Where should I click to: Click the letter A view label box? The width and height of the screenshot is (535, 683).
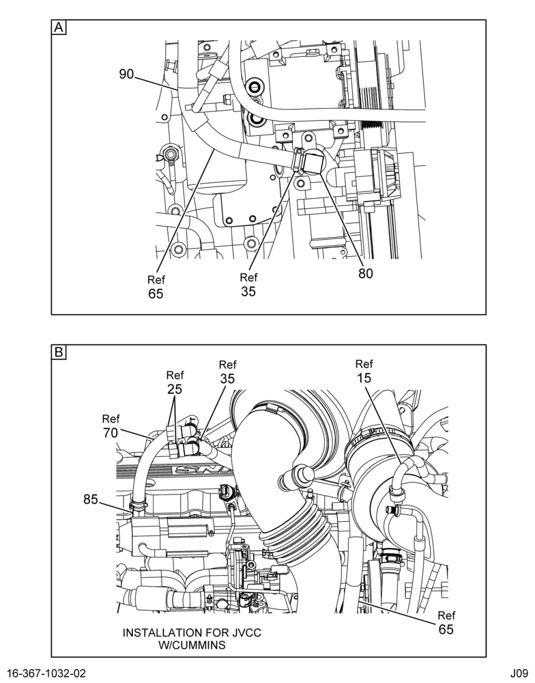coord(59,27)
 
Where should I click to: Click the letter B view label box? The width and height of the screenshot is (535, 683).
coord(59,352)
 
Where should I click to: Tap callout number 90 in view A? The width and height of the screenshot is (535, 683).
coord(126,74)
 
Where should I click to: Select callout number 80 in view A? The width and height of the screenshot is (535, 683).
coord(366,274)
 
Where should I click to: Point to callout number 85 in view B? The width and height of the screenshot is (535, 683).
coord(91,500)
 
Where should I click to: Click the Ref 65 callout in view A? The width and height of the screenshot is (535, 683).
coord(156,287)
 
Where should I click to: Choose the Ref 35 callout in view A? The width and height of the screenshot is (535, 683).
coord(248,284)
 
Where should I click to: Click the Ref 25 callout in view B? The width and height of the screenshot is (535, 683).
coord(175,382)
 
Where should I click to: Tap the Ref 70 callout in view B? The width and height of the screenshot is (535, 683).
coord(111,426)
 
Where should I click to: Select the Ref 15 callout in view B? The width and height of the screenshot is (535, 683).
coord(364,371)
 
